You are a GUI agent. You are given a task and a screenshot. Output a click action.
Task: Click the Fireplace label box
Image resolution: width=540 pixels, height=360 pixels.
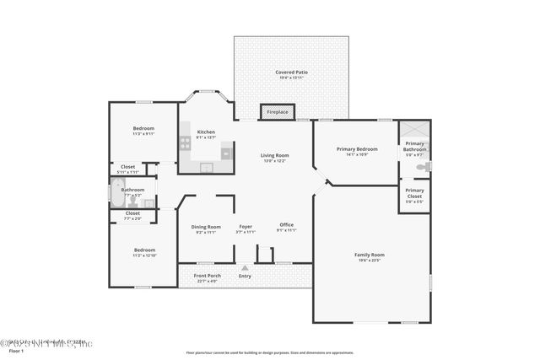pyautogui.click(x=278, y=112)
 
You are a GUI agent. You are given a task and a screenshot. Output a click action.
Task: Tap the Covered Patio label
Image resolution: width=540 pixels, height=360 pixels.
pyautogui.click(x=291, y=73)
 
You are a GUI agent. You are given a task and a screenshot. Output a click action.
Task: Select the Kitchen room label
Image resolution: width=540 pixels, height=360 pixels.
pyautogui.click(x=206, y=132)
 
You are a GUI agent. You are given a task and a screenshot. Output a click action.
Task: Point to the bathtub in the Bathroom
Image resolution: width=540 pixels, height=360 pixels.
pyautogui.click(x=116, y=195)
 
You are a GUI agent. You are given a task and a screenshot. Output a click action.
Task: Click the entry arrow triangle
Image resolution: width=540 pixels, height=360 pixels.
pyautogui.click(x=246, y=267)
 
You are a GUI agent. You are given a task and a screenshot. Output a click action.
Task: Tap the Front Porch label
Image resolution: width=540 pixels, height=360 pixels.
pyautogui.click(x=207, y=276)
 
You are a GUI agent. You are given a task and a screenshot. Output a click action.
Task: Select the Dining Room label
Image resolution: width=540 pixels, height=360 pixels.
pyautogui.click(x=206, y=226)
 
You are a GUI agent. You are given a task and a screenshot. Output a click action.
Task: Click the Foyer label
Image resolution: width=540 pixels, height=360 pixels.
pyautogui.click(x=246, y=226)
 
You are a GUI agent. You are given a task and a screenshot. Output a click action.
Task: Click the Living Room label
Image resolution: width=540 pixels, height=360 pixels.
pyautogui.click(x=274, y=155)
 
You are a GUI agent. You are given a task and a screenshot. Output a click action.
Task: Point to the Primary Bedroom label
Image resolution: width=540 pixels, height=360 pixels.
pyautogui.click(x=356, y=149)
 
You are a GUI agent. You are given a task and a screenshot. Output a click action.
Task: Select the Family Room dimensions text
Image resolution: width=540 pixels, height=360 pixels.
pyautogui.click(x=370, y=261)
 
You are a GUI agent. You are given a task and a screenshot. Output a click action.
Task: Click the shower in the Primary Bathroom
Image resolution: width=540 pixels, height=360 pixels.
pyautogui.click(x=414, y=129)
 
